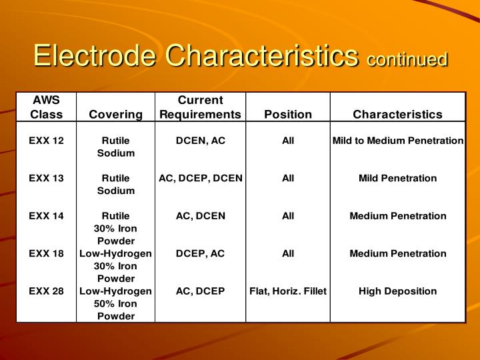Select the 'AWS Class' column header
[x=46, y=107]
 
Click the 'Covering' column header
[x=115, y=114]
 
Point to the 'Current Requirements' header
[x=200, y=107]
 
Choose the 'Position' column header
[x=288, y=114]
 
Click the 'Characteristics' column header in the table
[x=397, y=114]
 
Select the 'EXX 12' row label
[x=46, y=141]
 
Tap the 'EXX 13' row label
[x=46, y=178]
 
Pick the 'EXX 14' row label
[x=46, y=215]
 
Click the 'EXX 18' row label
[x=46, y=253]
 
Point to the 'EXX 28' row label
[x=46, y=291]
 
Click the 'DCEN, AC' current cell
[x=200, y=141]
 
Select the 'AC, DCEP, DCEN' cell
[x=200, y=178]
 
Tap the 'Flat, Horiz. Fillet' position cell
[x=288, y=291]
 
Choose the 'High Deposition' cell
[x=397, y=291]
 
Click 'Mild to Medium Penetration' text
[x=397, y=141]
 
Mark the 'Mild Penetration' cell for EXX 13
[x=397, y=178]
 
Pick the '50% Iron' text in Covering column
[x=115, y=303]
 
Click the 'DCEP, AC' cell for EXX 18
[x=200, y=253]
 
